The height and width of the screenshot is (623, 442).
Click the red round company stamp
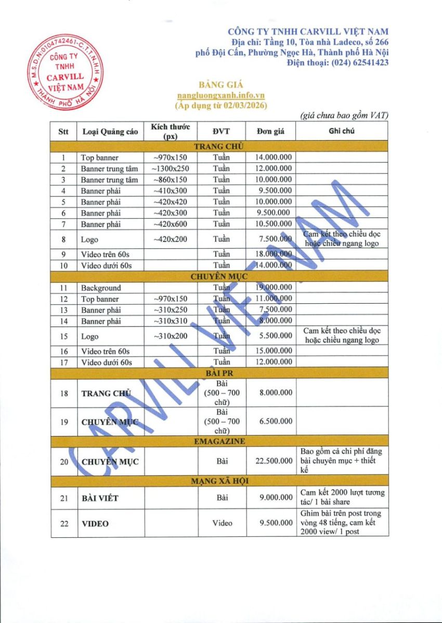point(64,72)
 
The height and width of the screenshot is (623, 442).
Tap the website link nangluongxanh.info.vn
point(221,96)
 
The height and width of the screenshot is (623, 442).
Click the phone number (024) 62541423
point(337,63)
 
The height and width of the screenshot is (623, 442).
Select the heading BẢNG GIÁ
point(221,85)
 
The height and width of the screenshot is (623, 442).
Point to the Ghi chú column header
point(342,131)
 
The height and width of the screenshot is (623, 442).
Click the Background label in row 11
point(101,288)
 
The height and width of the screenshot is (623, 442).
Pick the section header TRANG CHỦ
point(219,146)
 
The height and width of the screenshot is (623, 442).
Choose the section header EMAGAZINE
point(219,441)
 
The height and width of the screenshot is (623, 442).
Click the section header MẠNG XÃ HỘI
point(219,481)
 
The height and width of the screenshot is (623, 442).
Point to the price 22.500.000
point(274,461)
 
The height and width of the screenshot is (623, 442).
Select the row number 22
point(64,523)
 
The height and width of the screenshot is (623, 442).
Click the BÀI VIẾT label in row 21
point(100,498)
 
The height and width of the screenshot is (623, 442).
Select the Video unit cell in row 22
point(222,523)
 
